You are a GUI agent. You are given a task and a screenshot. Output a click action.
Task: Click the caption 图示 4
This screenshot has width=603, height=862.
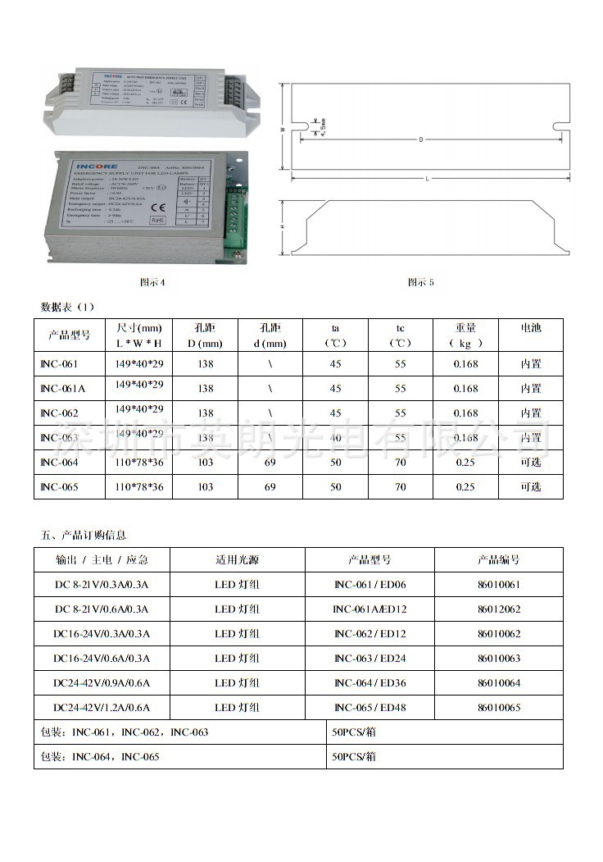[153, 282]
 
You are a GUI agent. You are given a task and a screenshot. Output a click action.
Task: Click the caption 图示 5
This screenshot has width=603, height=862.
[421, 282]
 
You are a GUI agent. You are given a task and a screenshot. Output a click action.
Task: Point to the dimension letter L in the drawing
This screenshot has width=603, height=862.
[427, 178]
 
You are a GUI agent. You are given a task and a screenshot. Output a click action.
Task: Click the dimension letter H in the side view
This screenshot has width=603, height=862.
[282, 228]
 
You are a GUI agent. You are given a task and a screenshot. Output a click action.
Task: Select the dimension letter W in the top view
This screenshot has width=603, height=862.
[282, 130]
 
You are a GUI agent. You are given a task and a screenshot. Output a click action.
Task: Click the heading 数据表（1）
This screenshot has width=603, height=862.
[68, 307]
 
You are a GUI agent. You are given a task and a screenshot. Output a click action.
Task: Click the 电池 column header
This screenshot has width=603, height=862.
[531, 328]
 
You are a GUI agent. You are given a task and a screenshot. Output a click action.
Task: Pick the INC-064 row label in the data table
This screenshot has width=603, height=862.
[59, 463]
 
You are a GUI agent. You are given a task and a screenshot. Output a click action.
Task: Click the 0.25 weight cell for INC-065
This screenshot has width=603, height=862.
[465, 487]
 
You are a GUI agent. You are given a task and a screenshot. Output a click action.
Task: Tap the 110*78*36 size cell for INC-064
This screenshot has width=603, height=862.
[139, 463]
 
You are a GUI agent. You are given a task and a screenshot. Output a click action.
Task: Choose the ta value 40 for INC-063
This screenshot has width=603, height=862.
[335, 438]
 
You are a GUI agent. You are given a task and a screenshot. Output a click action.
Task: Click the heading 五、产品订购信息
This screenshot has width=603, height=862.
[84, 536]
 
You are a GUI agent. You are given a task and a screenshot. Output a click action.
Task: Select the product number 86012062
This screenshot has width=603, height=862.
[498, 609]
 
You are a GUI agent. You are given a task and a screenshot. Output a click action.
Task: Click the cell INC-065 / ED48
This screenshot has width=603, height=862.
[370, 708]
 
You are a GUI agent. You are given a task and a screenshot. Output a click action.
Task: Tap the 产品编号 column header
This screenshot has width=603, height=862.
[498, 560]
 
